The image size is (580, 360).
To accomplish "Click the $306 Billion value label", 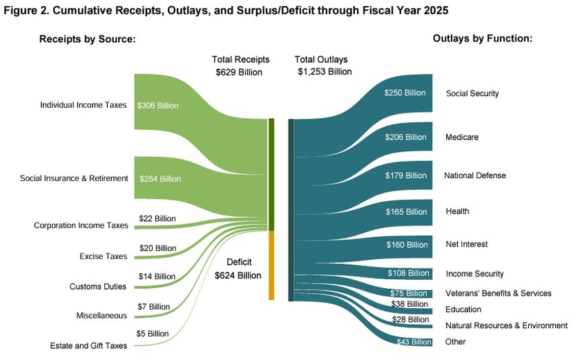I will pos(158,106).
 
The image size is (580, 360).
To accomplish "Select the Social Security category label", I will pos(472,93).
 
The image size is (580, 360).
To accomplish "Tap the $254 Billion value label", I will pos(160,179).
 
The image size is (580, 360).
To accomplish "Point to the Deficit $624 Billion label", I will pos(238,269).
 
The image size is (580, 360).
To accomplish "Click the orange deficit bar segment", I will pos(271,265).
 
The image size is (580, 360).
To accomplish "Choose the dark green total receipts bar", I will pos(271,174).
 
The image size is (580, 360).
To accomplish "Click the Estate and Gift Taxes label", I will pos(88,345).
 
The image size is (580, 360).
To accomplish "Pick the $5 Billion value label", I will pos(153,334).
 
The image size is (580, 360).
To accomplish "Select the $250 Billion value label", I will pos(405,93).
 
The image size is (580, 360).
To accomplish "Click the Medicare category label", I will pos(462,138).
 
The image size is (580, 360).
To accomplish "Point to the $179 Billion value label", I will pos(406,176).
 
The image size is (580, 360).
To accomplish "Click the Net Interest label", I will pos(467,244).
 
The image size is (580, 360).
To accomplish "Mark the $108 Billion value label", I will pos(407,274).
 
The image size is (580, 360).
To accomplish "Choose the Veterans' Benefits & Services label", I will pos(499,293).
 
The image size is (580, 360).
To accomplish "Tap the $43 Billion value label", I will pos(414,342).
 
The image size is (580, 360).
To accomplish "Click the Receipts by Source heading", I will pos(86,39).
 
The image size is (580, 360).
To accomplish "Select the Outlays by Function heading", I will pos(482,39).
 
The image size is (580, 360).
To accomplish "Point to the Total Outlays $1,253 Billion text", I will pos(322,66).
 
